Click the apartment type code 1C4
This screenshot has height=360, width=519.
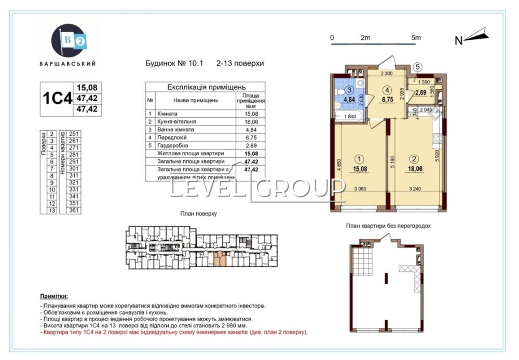pos(57,99)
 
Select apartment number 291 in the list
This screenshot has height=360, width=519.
pos(73,161)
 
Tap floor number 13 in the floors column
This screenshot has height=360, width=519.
pos(52,211)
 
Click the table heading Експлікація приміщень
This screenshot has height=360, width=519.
pos(206,87)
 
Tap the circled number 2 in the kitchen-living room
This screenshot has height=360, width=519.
pos(414,159)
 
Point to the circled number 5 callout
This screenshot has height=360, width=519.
pos(419,67)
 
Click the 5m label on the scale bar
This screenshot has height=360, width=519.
pos(415,37)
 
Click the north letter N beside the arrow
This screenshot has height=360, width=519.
pos(458,41)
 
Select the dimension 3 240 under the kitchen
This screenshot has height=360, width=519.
pos(414,189)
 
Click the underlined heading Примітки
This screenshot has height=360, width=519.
pos(54,296)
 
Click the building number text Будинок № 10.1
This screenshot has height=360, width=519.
pos(175,63)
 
